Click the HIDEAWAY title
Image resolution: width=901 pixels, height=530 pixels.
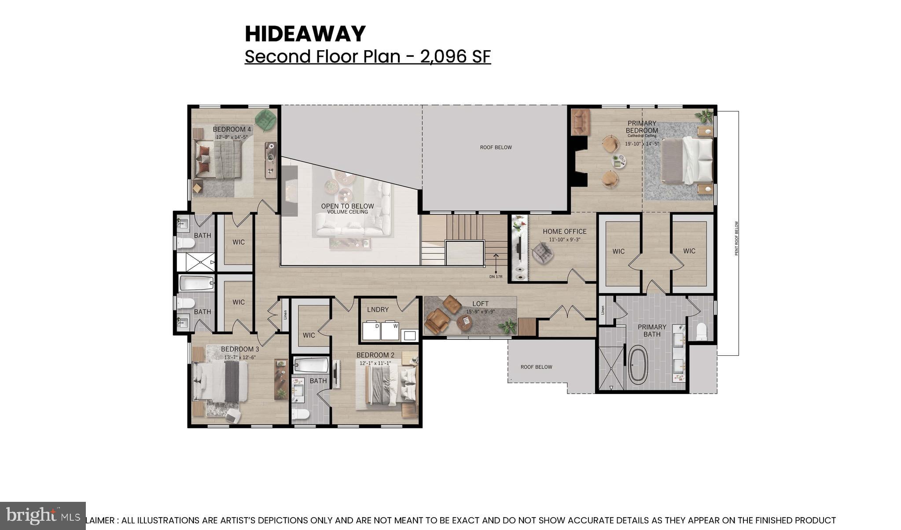pyautogui.click(x=305, y=34)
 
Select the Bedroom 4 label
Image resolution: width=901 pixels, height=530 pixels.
pyautogui.click(x=232, y=129)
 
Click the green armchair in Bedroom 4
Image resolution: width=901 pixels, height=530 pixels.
pyautogui.click(x=265, y=120)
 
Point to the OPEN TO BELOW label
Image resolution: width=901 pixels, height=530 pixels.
pyautogui.click(x=347, y=206)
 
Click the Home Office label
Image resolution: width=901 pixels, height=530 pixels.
pyautogui.click(x=564, y=231)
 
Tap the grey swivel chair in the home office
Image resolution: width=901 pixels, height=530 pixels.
pyautogui.click(x=542, y=253)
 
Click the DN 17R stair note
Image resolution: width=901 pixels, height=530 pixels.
pyautogui.click(x=496, y=276)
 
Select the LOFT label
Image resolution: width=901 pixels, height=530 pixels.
pyautogui.click(x=480, y=304)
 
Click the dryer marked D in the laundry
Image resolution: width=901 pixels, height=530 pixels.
pyautogui.click(x=371, y=331)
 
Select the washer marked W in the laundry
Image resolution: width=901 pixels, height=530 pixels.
pyautogui.click(x=390, y=331)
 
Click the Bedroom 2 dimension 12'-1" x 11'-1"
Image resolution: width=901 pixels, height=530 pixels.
pyautogui.click(x=375, y=363)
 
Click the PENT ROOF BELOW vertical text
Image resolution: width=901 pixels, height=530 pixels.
pyautogui.click(x=736, y=238)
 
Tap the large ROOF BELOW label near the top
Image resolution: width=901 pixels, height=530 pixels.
pyautogui.click(x=496, y=147)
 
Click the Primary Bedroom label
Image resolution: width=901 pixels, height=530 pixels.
pyautogui.click(x=642, y=127)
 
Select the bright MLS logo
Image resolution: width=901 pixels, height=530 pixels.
pyautogui.click(x=43, y=515)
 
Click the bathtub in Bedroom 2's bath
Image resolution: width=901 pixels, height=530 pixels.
pyautogui.click(x=311, y=365)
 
